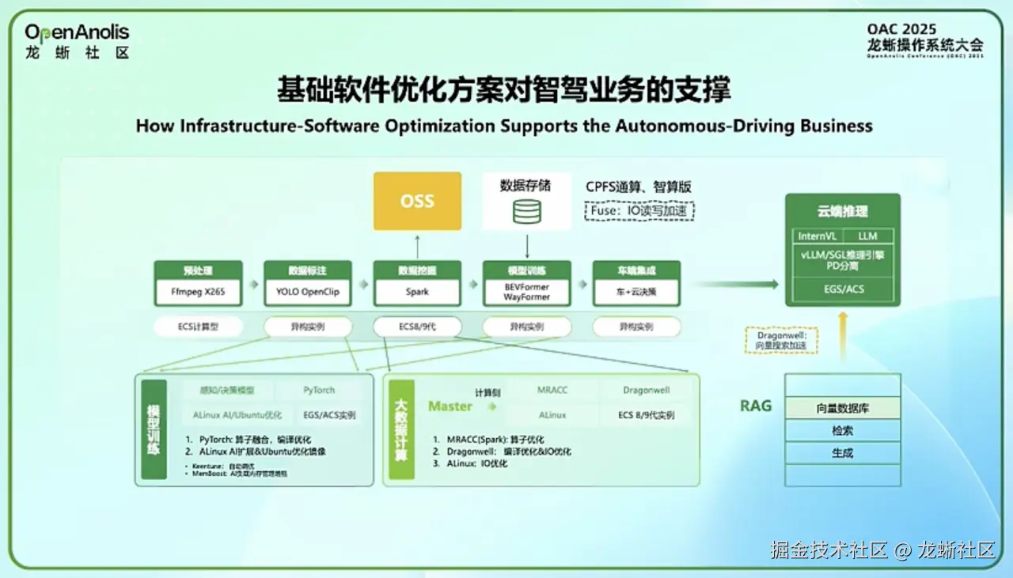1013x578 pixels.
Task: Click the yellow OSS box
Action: coord(417,201)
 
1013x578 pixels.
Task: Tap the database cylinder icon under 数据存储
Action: coord(527,212)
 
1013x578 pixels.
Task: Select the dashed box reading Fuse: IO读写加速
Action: coord(640,211)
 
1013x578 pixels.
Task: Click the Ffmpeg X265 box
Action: coord(198,292)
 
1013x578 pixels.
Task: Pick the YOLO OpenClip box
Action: coord(308,292)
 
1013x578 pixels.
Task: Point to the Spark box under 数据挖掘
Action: coord(417,292)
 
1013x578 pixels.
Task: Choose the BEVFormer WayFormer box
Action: coord(526,292)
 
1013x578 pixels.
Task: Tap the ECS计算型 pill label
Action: coord(198,327)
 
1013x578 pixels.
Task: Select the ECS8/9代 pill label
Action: coord(417,327)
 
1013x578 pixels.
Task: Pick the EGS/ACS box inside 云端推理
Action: coord(843,289)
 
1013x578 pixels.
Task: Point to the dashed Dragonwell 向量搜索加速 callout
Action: coord(782,340)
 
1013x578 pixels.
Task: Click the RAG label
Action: coord(756,406)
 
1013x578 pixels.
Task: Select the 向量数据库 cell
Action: coord(843,408)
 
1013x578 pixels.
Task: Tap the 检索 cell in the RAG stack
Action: coord(843,431)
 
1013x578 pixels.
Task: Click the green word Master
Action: coord(450,406)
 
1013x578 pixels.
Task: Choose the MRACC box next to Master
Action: coord(552,391)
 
